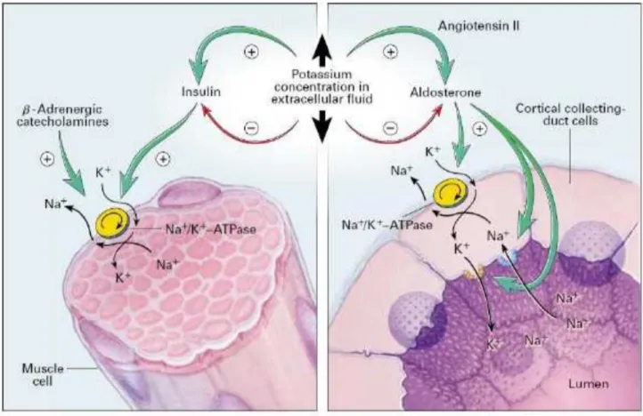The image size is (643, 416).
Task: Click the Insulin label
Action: (201, 92)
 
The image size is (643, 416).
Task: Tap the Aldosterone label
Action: (445, 92)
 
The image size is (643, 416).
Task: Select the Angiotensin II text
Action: (478, 27)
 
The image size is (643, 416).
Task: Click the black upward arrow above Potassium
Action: (322, 51)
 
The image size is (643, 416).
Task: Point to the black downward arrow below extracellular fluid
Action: (322, 125)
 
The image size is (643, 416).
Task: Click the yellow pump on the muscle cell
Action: (112, 224)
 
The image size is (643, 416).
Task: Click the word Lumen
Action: (588, 384)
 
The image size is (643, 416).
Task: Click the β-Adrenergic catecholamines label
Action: (62, 116)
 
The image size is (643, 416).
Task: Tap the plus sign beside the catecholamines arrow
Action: (47, 159)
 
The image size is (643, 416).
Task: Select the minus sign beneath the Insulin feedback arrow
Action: (251, 128)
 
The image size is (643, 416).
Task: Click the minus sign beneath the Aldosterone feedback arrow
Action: (390, 128)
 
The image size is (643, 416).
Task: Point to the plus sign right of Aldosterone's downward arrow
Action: (479, 129)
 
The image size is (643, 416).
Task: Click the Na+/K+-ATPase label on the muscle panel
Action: (211, 228)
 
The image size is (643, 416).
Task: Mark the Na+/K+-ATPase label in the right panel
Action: (387, 224)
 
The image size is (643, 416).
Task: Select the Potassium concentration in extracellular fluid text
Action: (321, 87)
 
